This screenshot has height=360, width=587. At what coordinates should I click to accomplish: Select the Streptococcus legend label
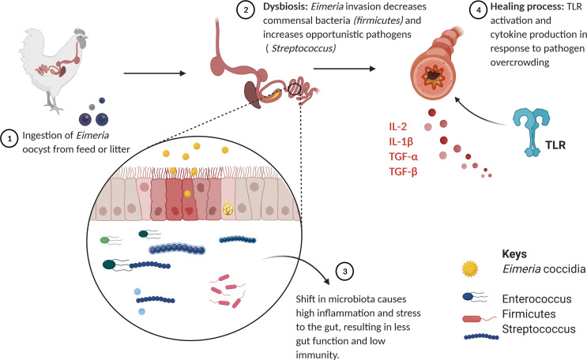536,330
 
